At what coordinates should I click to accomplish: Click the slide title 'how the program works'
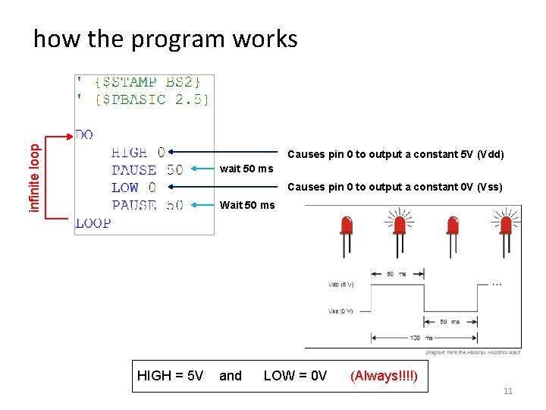165,39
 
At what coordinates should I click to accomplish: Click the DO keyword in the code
84,134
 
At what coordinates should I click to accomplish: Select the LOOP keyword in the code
93,222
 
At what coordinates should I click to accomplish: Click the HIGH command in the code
130,153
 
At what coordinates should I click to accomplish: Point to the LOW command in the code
125,187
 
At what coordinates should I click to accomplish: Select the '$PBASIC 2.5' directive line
143,99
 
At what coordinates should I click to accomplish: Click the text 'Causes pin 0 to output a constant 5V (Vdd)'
395,155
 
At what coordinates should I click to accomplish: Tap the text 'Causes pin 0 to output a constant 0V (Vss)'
395,187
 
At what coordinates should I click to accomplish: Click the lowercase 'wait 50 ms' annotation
246,169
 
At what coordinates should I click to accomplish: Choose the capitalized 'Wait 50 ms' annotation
246,205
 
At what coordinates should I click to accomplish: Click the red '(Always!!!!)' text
383,376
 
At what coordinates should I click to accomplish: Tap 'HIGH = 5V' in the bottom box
170,376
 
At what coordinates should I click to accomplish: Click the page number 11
508,391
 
